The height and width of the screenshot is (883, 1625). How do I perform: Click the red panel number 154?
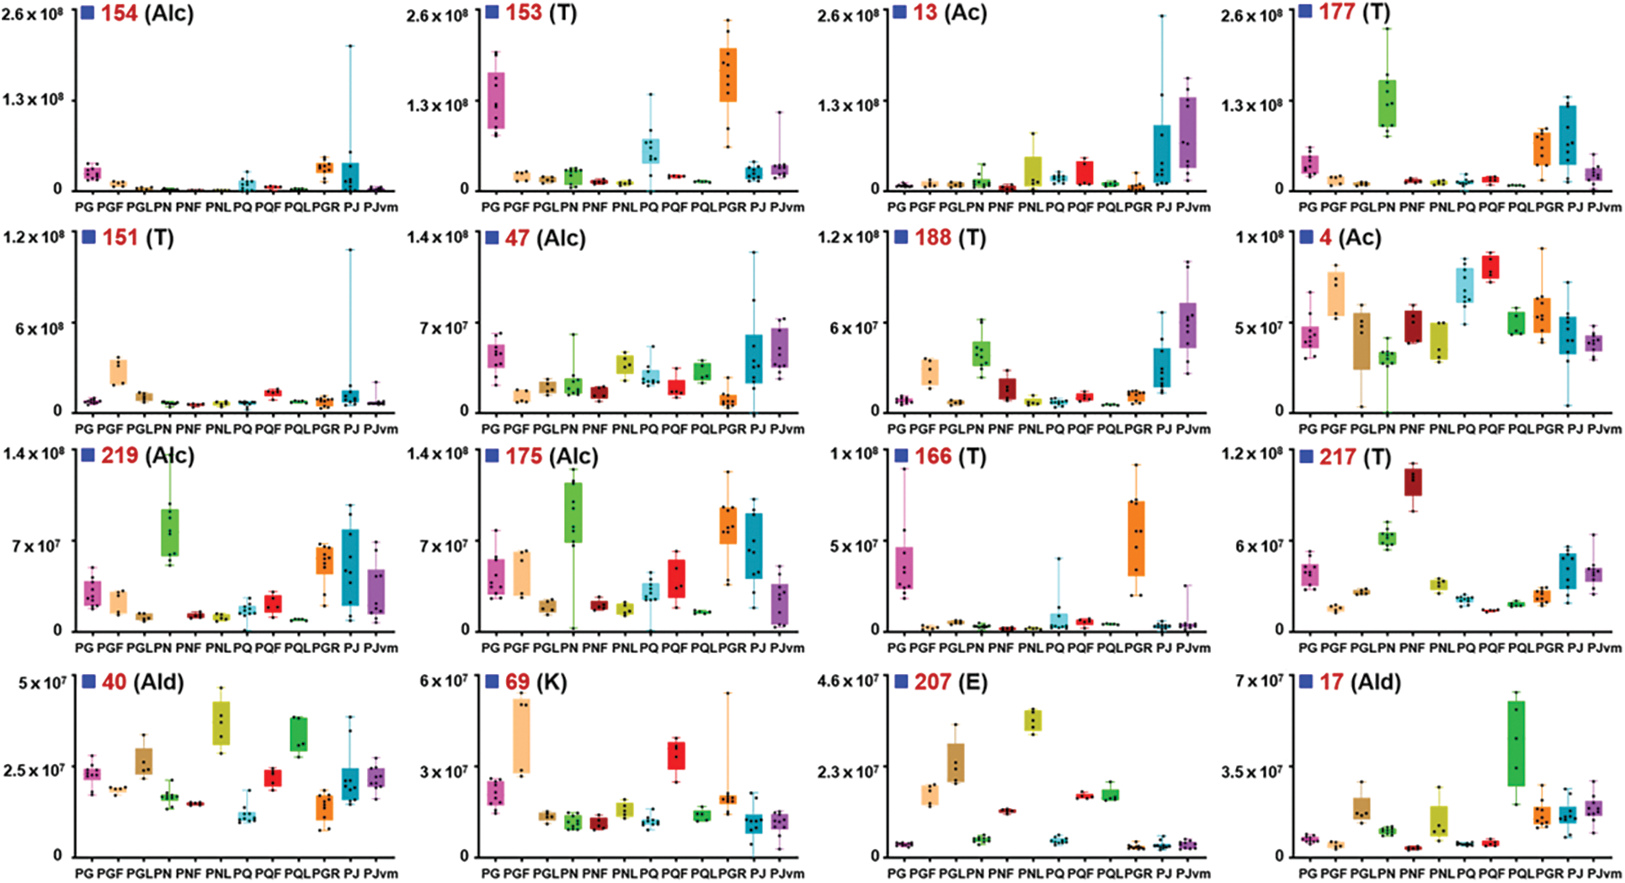point(120,13)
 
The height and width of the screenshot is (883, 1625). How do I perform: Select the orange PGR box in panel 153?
point(727,75)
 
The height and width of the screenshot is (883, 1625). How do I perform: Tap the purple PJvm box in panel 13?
point(1188,132)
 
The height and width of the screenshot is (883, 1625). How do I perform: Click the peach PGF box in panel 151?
point(119,372)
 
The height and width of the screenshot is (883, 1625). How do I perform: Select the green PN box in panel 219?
point(170,532)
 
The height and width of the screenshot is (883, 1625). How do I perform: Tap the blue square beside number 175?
point(493,456)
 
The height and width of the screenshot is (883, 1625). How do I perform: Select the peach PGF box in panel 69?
point(523,736)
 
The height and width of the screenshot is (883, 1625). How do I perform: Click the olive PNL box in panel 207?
point(1032,720)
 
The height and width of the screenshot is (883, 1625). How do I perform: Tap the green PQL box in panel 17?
point(1516,743)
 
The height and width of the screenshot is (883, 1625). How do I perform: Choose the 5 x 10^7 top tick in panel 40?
point(42,682)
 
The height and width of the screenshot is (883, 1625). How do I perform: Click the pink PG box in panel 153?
point(497,100)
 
